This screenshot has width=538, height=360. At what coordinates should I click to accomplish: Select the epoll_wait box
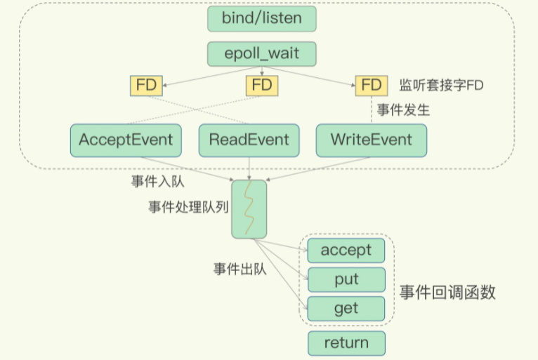point(262,54)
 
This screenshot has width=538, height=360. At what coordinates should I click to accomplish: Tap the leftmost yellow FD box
point(146,86)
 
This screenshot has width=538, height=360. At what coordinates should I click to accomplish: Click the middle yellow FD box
point(262,86)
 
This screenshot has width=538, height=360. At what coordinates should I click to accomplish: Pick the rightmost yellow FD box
point(371,86)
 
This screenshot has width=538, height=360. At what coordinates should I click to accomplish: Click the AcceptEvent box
point(126,140)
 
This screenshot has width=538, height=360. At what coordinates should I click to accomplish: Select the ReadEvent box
point(249,140)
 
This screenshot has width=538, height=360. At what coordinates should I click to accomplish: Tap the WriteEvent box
point(372,140)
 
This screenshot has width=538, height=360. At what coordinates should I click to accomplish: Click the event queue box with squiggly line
point(249,209)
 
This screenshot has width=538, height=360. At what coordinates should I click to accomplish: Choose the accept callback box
point(346,251)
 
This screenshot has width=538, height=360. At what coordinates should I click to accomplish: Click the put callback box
point(346,279)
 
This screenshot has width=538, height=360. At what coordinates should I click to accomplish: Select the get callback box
point(346,308)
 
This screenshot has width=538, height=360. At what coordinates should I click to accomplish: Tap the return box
point(346,343)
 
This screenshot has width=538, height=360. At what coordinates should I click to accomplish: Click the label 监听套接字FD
point(442,86)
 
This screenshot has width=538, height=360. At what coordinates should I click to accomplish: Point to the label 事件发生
point(403,110)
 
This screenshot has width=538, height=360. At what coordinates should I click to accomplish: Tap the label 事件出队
point(240,269)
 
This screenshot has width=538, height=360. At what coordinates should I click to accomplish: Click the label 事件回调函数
point(447,293)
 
